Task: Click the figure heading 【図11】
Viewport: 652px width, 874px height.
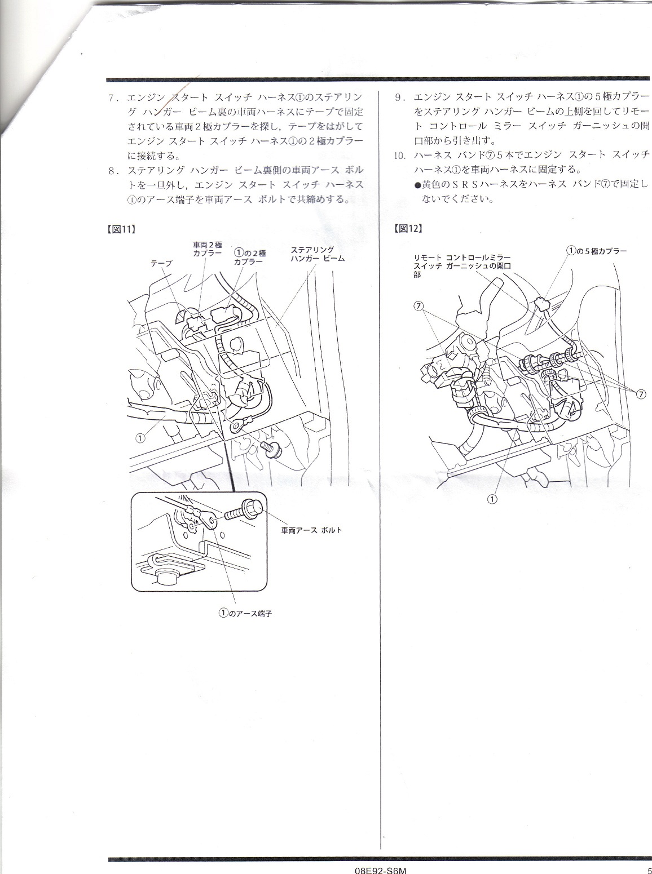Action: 121,229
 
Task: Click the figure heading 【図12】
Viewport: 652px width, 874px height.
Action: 408,229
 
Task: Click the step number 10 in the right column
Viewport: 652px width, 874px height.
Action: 400,156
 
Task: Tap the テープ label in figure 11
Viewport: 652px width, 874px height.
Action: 161,263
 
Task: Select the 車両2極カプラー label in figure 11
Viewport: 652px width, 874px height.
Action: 207,249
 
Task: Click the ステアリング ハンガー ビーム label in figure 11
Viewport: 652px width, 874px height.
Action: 317,254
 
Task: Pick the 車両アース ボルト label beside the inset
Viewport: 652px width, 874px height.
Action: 311,530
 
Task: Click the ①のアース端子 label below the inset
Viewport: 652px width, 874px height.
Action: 245,624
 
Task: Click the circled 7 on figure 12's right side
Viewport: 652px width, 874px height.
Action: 641,394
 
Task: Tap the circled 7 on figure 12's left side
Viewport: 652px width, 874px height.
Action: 418,306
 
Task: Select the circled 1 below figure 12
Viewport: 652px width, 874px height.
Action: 492,499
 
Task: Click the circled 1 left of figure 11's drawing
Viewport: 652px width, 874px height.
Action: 140,438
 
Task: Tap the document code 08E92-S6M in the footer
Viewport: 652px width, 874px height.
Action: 381,869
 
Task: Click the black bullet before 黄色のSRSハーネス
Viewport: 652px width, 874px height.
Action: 418,185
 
